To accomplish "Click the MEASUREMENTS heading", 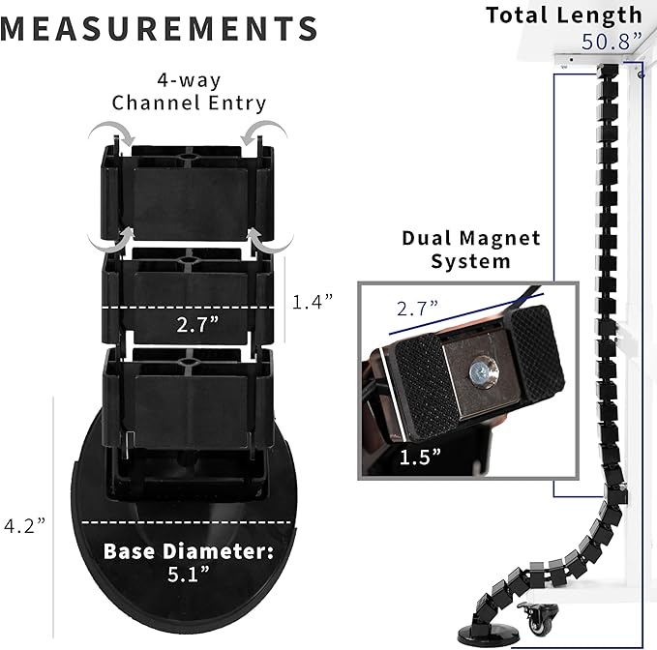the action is tap(159, 28).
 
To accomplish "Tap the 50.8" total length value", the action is tap(612, 42).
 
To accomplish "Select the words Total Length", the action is tap(564, 15).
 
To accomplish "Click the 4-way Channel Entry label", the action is tap(189, 91).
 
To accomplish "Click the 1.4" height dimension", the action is tap(313, 301).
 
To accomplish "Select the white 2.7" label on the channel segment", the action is tap(197, 325).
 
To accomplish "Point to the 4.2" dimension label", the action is tap(25, 525).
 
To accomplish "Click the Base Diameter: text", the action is tap(188, 551).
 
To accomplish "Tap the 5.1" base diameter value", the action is tap(189, 575).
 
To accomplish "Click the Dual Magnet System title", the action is tap(471, 250).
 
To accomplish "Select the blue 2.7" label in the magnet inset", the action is tap(417, 309).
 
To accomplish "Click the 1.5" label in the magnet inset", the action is tap(420, 457).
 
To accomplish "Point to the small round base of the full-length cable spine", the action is tap(476, 636).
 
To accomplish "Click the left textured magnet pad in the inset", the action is tap(426, 386).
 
